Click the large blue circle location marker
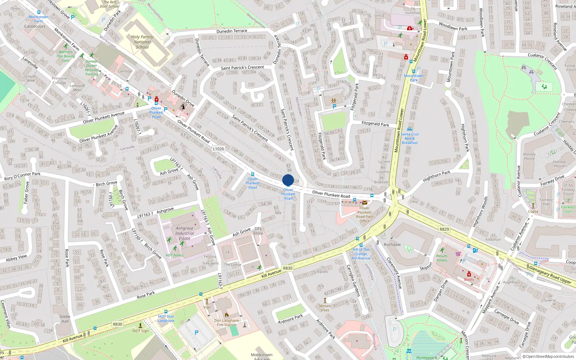click(x=288, y=180)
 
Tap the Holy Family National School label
click(x=142, y=42)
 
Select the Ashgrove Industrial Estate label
click(x=185, y=233)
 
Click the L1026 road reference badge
click(x=218, y=149)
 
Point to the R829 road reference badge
click(x=444, y=229)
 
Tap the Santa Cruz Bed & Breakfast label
click(x=410, y=138)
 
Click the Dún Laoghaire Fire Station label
click(x=227, y=323)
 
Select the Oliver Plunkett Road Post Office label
click(x=364, y=215)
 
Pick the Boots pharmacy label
click(x=469, y=279)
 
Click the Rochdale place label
click(x=392, y=244)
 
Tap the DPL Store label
click(x=258, y=231)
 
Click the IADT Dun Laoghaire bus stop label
click(x=166, y=319)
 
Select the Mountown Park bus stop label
click(x=414, y=78)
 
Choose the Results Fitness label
click(x=442, y=258)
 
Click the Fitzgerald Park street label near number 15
click(x=375, y=124)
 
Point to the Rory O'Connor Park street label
click(x=22, y=176)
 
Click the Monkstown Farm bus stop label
click(x=39, y=19)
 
